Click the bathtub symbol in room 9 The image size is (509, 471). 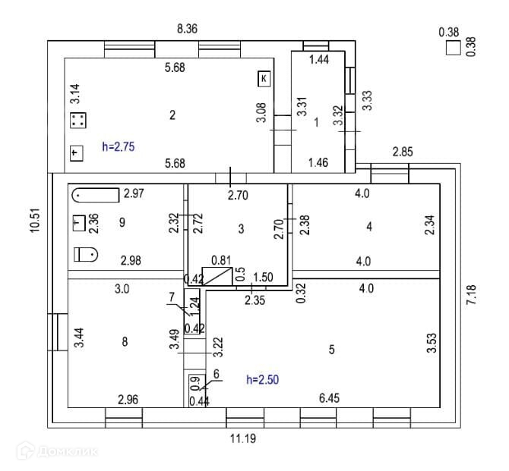(x=96, y=196)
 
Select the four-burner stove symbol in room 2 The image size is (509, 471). (x=77, y=120)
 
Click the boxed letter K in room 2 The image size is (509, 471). (x=264, y=77)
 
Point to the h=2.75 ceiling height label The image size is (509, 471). (x=118, y=146)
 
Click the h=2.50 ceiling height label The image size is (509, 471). (x=262, y=378)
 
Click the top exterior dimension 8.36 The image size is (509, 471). (x=188, y=29)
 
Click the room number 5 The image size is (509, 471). (x=331, y=350)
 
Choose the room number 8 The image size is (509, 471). (x=125, y=342)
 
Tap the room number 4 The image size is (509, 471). (x=368, y=226)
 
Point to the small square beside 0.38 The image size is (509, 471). (x=453, y=49)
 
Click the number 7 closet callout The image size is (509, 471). (x=172, y=296)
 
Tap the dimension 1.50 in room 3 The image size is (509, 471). (x=264, y=277)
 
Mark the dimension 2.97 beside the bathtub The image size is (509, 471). (x=134, y=194)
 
